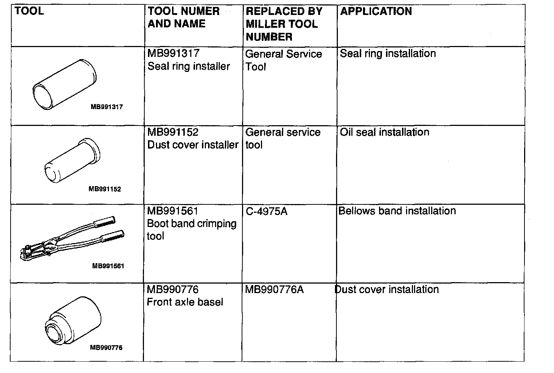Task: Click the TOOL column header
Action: (29, 11)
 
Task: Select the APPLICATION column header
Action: (376, 11)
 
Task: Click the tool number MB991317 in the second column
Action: (173, 53)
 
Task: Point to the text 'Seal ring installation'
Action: (388, 54)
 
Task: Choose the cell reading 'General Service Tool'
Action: (283, 60)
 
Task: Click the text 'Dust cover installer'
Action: (193, 145)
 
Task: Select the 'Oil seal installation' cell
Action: (385, 132)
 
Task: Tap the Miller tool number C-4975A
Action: (266, 211)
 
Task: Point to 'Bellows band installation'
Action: (397, 211)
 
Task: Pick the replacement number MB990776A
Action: (274, 290)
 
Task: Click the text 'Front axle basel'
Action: (185, 302)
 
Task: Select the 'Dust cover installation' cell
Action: (387, 289)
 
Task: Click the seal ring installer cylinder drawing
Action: (64, 84)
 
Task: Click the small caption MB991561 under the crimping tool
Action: (108, 266)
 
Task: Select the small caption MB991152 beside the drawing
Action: (105, 189)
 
